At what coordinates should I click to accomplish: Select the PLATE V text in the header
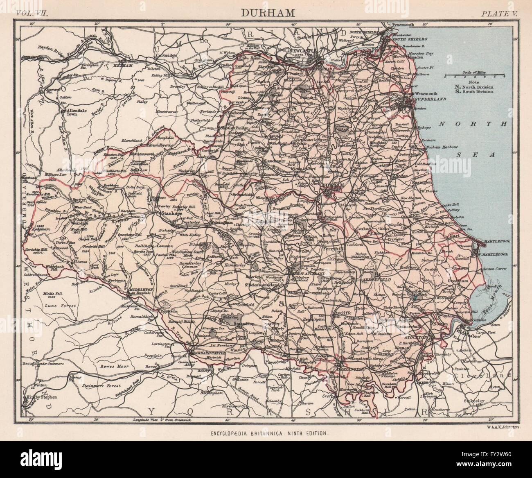499,13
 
